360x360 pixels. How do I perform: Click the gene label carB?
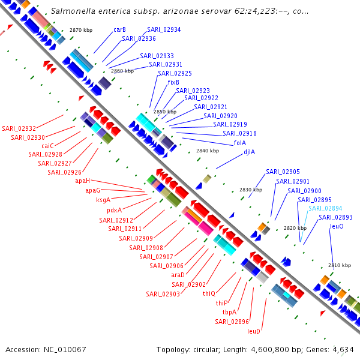click(119, 29)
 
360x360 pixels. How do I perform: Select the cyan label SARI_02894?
click(325, 208)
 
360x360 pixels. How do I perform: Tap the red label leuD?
click(254, 331)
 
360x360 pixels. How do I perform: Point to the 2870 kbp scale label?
click(81, 30)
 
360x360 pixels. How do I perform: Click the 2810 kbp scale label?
click(340, 265)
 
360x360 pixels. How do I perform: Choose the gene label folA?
click(240, 143)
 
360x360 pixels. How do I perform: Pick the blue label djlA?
click(250, 152)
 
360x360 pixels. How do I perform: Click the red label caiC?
click(47, 146)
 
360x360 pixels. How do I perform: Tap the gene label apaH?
click(83, 181)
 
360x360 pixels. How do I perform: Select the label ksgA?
click(103, 200)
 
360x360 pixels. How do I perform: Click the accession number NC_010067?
click(65, 350)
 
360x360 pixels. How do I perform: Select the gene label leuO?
click(337, 226)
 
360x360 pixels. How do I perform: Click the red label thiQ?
click(209, 293)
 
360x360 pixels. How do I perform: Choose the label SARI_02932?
click(19, 128)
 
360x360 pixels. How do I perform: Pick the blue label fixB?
click(173, 82)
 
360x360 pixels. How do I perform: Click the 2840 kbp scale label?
click(208, 151)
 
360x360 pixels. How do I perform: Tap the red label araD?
click(178, 275)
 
